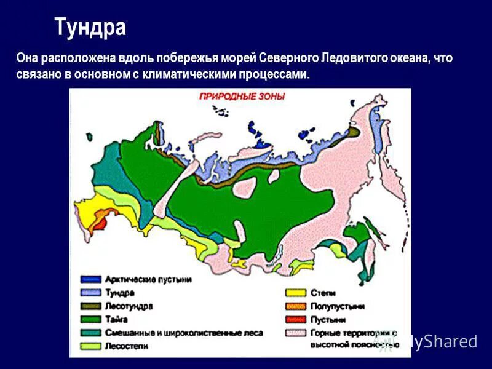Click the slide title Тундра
90,27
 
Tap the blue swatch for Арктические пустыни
91,279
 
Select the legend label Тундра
119,293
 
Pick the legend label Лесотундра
129,306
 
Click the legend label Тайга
116,319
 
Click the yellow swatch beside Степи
294,293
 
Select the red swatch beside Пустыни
294,319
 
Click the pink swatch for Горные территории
294,333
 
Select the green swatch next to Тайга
91,319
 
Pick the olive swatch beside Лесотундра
91,306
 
